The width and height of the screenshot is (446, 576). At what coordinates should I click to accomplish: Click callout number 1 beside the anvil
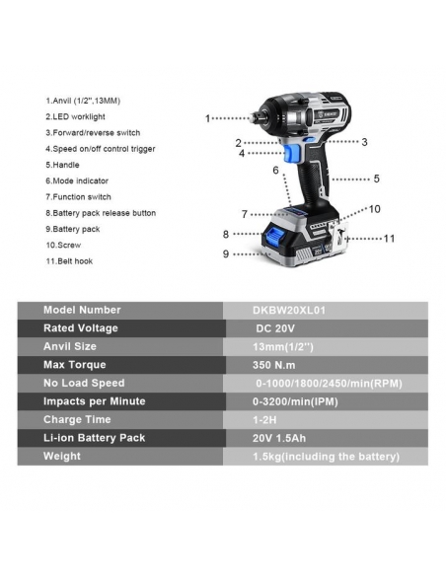(207, 118)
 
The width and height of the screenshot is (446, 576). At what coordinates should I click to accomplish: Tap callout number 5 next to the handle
(377, 179)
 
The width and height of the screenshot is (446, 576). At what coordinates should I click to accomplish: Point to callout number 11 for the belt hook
(389, 239)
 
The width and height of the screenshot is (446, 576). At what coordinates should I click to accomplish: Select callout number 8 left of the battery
(226, 234)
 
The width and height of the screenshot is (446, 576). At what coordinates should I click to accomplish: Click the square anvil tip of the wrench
(255, 117)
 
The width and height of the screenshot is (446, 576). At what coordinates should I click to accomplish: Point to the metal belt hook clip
(338, 238)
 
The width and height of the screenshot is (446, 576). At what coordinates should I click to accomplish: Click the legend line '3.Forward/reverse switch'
(93, 132)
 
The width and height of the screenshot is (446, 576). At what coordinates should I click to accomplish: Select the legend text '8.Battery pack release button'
(101, 213)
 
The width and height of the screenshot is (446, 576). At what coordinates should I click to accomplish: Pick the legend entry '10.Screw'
(63, 245)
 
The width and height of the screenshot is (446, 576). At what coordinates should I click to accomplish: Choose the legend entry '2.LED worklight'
(75, 116)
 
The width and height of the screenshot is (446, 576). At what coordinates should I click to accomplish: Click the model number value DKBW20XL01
(289, 311)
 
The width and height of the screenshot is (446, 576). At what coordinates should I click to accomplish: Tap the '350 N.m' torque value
(274, 365)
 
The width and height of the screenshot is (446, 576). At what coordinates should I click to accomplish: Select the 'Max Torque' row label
(75, 365)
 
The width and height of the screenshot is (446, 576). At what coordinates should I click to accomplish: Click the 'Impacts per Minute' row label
(95, 401)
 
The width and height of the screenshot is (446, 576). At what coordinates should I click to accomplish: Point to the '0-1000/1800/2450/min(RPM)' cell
(330, 384)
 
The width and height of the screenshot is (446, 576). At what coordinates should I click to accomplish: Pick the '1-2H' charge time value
(264, 420)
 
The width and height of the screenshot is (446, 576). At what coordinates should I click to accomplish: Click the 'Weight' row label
(62, 457)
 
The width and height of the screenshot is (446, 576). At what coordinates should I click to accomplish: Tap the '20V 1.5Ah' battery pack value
(279, 438)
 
